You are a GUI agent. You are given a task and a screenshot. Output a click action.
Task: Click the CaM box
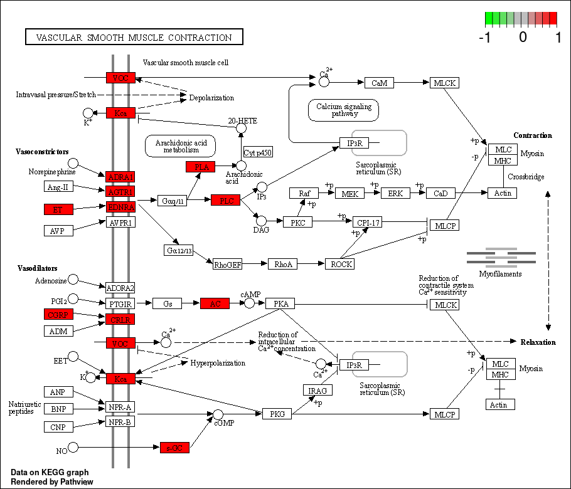pyautogui.click(x=379, y=83)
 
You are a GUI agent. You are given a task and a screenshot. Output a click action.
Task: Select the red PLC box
pyautogui.click(x=225, y=201)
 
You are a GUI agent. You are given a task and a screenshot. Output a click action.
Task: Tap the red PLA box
pyautogui.click(x=201, y=167)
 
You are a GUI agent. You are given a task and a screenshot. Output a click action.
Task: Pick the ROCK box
pyautogui.click(x=341, y=264)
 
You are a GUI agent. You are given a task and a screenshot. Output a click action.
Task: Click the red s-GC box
pyautogui.click(x=174, y=448)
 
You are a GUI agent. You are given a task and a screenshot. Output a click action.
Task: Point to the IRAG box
pyautogui.click(x=318, y=391)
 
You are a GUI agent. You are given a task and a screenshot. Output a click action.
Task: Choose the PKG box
pyautogui.click(x=277, y=414)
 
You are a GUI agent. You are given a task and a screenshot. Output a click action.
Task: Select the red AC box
pyautogui.click(x=215, y=303)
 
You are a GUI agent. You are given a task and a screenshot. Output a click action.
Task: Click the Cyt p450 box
pyautogui.click(x=258, y=152)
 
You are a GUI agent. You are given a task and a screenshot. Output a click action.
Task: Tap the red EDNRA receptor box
pyautogui.click(x=120, y=207)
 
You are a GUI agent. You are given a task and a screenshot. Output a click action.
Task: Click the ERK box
pyautogui.click(x=395, y=193)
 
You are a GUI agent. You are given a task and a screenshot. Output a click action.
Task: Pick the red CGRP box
pyautogui.click(x=59, y=314)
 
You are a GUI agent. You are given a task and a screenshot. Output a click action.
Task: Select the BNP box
pyautogui.click(x=59, y=409)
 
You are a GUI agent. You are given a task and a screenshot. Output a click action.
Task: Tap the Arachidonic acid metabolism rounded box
pyautogui.click(x=181, y=146)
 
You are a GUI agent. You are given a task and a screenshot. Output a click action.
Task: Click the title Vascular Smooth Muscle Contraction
pyautogui.click(x=134, y=38)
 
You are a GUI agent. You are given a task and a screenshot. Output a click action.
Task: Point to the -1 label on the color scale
pyautogui.click(x=484, y=37)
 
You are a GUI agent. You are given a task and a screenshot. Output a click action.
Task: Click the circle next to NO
pyautogui.click(x=73, y=447)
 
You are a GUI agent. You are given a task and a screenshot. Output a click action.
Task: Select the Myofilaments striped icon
pyautogui.click(x=501, y=256)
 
